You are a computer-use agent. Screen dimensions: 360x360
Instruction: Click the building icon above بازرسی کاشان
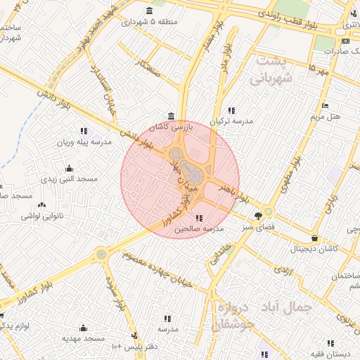(x=172, y=116)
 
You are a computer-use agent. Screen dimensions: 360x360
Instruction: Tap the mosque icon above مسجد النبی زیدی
(x=69, y=168)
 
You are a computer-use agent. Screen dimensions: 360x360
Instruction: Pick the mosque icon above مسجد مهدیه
(x=84, y=328)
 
